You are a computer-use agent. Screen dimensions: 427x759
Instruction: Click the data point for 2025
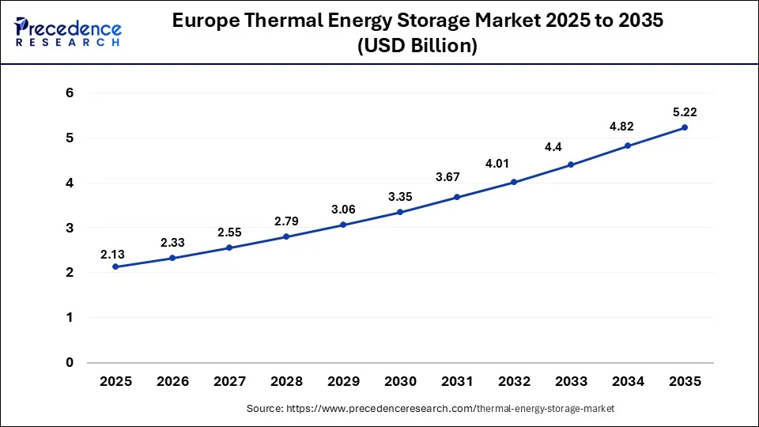115,266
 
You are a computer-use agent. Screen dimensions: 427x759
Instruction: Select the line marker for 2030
400,212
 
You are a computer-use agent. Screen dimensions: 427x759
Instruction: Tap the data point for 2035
685,127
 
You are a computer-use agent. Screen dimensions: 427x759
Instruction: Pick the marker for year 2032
514,182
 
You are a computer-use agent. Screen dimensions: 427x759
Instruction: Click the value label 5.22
685,112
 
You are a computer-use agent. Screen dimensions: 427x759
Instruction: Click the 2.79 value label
286,221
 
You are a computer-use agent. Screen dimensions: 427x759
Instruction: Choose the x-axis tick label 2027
229,382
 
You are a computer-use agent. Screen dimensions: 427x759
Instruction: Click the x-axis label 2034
628,382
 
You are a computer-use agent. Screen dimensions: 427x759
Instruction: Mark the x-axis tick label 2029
343,382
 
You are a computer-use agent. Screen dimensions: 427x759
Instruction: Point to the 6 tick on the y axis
70,93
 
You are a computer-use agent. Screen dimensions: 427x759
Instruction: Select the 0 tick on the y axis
70,363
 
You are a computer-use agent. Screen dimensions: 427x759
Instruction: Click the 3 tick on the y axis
70,228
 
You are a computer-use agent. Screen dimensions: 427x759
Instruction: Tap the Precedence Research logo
68,32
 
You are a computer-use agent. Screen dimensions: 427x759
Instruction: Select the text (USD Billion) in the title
417,47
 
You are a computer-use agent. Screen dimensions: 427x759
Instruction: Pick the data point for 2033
571,164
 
